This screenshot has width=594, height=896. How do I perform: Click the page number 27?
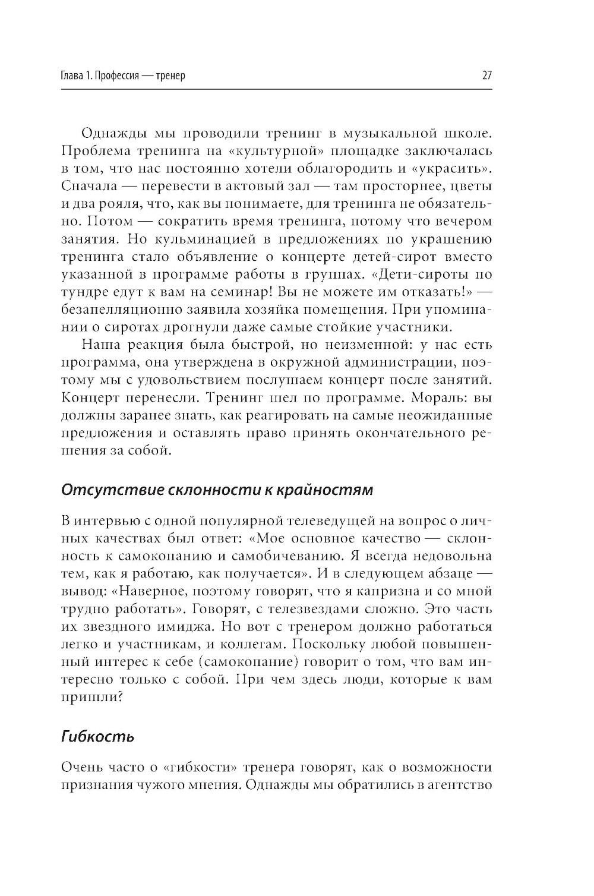tap(486, 76)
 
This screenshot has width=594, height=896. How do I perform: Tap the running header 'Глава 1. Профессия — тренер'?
tap(124, 76)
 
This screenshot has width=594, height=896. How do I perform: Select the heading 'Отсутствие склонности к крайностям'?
tap(217, 490)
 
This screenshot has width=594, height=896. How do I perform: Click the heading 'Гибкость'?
tap(98, 737)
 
